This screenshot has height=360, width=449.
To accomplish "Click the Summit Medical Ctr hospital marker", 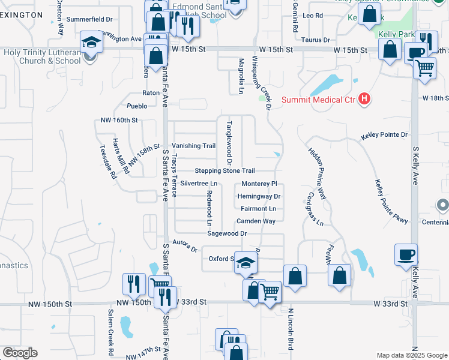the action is (x=363, y=99).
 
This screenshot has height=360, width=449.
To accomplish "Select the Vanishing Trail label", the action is (x=193, y=146).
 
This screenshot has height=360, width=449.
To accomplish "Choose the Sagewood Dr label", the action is (x=227, y=233).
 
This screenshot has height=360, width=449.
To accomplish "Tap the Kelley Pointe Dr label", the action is (x=384, y=136).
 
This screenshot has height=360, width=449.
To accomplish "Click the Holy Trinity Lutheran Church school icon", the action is (x=92, y=42).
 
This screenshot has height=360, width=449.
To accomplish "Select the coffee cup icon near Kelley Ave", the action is (x=406, y=254).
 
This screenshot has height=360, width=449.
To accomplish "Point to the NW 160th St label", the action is (x=119, y=121).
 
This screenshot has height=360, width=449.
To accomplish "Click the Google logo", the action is (x=20, y=353).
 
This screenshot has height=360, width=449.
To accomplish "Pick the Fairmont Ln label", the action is (x=259, y=209).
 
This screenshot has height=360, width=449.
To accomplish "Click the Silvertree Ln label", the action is (x=198, y=183).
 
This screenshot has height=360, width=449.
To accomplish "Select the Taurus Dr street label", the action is (x=318, y=40).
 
